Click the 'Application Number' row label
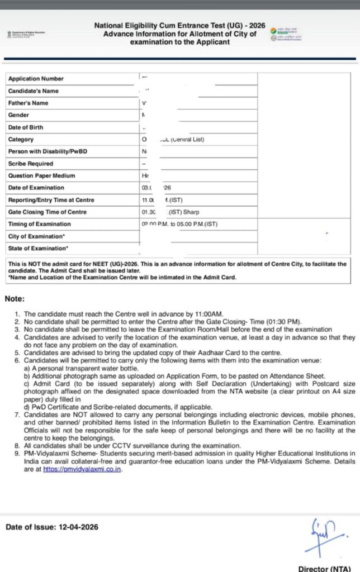coord(36,79)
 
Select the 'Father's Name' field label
coord(28,103)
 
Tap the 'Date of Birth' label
coord(25,127)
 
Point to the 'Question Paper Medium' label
coord(37,176)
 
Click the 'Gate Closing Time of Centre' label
coord(47,212)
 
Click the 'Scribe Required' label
coord(31,164)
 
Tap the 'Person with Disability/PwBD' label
coord(48,151)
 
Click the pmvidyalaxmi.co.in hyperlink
coord(82,469)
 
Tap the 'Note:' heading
coord(15,299)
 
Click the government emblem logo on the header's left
coord(10,34)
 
